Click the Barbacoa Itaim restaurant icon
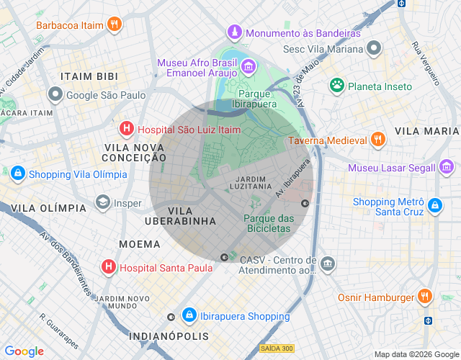(x=114, y=24)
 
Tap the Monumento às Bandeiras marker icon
(x=234, y=33)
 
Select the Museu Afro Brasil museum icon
(x=248, y=67)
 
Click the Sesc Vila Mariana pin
(x=374, y=49)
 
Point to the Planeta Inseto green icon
(x=336, y=86)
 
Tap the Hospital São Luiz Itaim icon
(x=126, y=129)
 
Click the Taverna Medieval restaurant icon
(x=377, y=140)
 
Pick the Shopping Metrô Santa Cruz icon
(x=434, y=206)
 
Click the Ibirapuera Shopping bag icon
(x=189, y=315)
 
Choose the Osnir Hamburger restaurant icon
(x=424, y=297)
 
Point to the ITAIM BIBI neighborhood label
(x=89, y=76)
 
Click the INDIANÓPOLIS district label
(x=169, y=336)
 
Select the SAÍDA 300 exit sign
(x=277, y=348)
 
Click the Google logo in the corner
(x=24, y=351)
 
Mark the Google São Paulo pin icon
(x=55, y=94)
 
